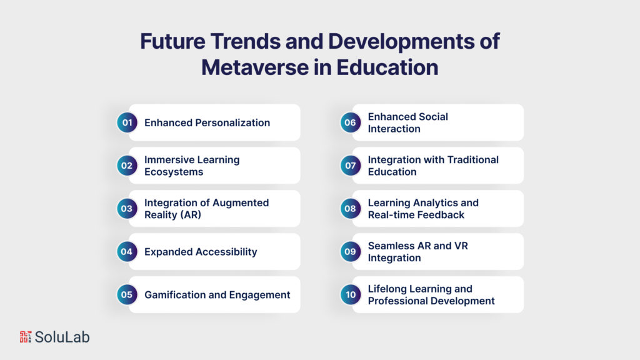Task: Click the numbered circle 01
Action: tap(127, 122)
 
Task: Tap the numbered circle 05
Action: tap(127, 295)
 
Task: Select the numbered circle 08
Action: tap(350, 209)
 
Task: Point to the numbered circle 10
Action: tap(350, 295)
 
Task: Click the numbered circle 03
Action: tap(127, 209)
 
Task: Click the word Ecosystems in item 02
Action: tap(174, 172)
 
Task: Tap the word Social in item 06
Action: tap(434, 117)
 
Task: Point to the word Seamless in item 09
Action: tap(391, 246)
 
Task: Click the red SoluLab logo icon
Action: tap(25, 337)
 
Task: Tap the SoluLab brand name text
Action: tap(62, 337)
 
